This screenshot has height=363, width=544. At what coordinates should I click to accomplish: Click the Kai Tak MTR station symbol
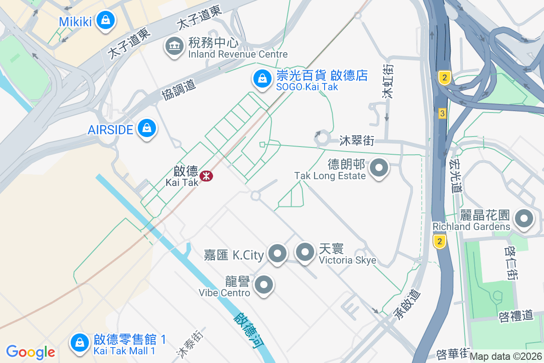(x=206, y=176)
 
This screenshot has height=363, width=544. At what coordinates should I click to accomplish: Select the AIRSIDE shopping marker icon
(x=147, y=128)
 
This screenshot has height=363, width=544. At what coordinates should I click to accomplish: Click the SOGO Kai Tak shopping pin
(x=262, y=79)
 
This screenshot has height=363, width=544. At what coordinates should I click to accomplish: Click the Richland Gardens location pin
(x=525, y=219)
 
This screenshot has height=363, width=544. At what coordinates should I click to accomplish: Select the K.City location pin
(x=277, y=253)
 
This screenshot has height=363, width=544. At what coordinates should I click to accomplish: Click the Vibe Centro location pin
(x=263, y=285)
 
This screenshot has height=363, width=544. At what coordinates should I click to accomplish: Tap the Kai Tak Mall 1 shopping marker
(x=80, y=343)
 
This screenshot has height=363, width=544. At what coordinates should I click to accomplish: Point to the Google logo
(x=30, y=352)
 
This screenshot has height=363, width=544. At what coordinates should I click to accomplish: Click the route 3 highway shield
(x=442, y=113)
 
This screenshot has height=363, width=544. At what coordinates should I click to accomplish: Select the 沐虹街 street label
(x=388, y=81)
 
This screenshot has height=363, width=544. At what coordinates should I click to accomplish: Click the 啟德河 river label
(x=249, y=332)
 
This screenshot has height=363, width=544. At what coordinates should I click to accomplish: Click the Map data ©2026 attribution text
(x=506, y=357)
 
